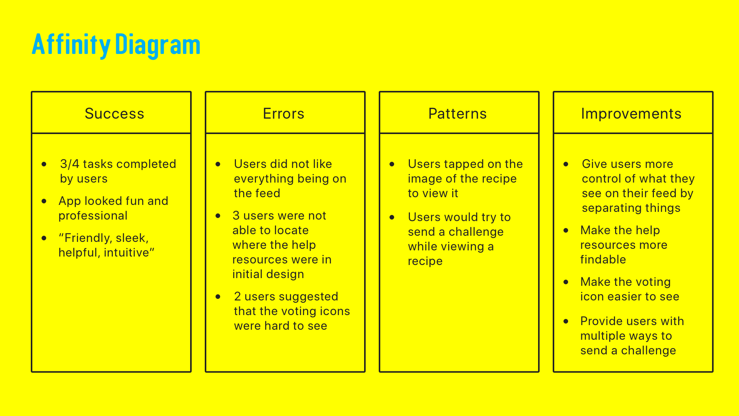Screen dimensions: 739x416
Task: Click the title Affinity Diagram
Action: click(x=116, y=45)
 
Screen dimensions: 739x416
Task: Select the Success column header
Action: click(x=114, y=114)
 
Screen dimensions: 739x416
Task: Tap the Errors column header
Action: click(x=284, y=114)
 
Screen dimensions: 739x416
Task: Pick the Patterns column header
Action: click(x=457, y=114)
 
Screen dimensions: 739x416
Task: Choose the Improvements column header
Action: click(x=631, y=114)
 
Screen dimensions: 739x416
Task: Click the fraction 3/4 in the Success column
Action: click(x=70, y=164)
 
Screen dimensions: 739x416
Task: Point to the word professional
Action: click(x=93, y=216)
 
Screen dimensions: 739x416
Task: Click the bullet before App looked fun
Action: click(x=44, y=201)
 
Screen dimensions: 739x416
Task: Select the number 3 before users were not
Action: click(x=236, y=216)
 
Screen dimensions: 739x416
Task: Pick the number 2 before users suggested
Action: click(x=237, y=297)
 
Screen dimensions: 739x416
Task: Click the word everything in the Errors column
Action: click(x=264, y=179)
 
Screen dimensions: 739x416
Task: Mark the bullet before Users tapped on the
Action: click(x=392, y=164)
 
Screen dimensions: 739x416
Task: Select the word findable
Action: click(x=603, y=260)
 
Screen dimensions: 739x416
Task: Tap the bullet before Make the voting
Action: click(x=566, y=282)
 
